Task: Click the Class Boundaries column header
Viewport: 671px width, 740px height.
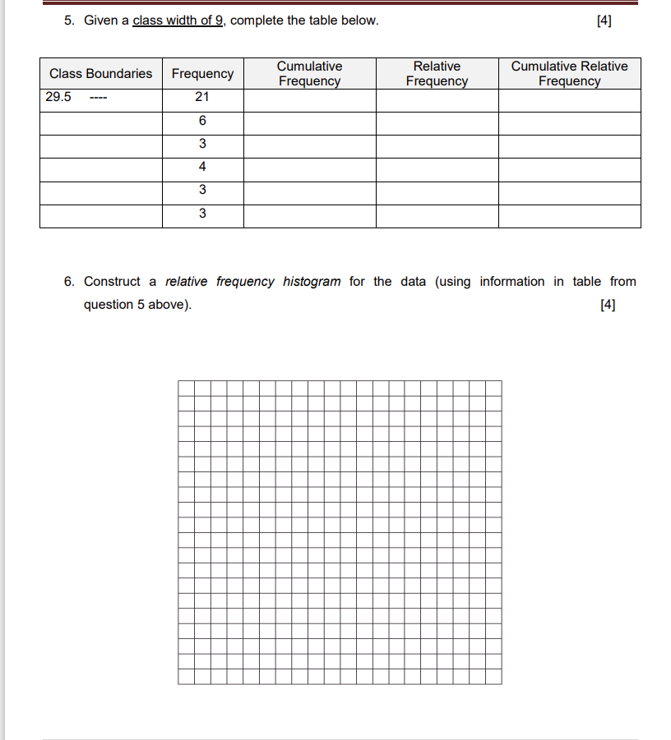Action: coord(100,74)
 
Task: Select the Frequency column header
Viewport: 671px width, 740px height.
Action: coord(202,74)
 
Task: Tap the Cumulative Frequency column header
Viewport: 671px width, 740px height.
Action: coord(309,73)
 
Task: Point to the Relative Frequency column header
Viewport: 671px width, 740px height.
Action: coord(437,73)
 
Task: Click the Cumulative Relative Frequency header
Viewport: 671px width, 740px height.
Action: coord(569,73)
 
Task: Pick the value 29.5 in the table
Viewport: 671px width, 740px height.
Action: coord(58,97)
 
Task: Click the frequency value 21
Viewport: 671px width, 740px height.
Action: coord(202,97)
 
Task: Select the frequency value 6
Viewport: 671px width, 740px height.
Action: coord(202,121)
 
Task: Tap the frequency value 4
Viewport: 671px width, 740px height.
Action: coord(202,167)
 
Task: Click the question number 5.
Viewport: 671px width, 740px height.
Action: coord(69,21)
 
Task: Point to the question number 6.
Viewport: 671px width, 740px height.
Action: coord(69,282)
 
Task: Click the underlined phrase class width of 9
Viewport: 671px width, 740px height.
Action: coord(178,21)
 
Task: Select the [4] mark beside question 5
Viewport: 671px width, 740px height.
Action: coord(604,21)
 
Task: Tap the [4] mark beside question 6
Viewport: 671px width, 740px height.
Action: coord(609,305)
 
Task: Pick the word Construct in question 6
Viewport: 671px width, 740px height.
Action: coord(112,282)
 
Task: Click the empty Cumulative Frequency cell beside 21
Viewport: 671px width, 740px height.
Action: coord(309,100)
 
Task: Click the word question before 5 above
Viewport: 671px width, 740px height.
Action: coord(109,305)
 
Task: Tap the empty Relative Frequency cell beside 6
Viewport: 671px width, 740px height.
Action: coord(437,123)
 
